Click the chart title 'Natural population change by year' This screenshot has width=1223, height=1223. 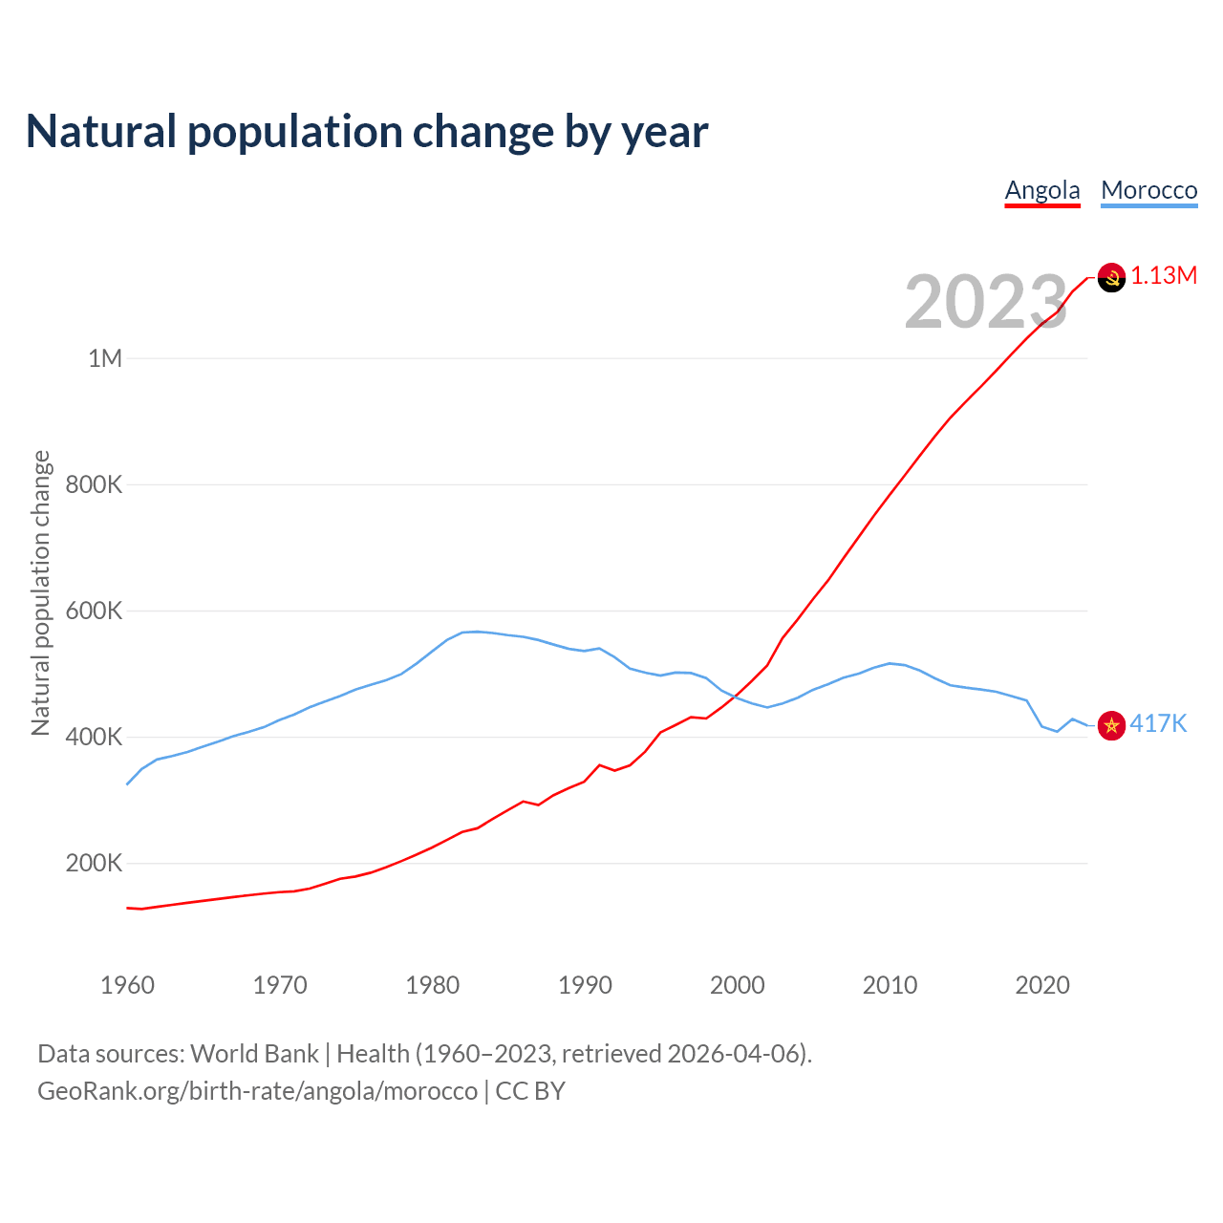coord(367,132)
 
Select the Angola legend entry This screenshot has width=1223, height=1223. coord(1042,190)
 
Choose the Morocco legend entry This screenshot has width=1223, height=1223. coord(1148,190)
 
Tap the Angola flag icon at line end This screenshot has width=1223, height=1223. coord(1111,277)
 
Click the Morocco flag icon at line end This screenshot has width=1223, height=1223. coord(1111,725)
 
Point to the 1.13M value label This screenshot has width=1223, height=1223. coord(1164,276)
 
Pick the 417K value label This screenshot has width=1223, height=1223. coord(1158,724)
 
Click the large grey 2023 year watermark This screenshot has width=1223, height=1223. coord(985,302)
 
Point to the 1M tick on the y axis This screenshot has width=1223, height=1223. coord(105,358)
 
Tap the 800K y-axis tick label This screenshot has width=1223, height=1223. coord(94,484)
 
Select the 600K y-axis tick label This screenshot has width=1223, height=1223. coord(94,611)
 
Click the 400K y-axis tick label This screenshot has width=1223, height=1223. coord(94,737)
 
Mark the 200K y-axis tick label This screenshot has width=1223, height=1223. coord(94,864)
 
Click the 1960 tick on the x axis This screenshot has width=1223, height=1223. coord(127,985)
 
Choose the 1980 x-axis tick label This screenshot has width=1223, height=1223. coord(432,985)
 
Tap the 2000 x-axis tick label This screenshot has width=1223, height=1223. coord(737,985)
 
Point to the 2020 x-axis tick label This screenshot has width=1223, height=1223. coord(1041,985)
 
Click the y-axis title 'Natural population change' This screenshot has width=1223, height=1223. coord(41,593)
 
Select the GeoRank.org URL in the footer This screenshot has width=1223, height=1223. coord(257,1091)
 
